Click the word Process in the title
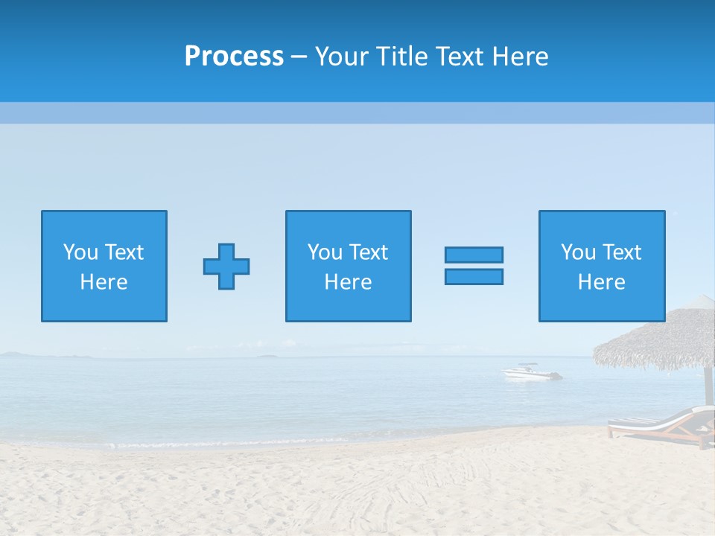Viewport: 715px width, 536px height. (234, 57)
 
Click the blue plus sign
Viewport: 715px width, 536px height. (226, 267)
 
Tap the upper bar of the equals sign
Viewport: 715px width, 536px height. (474, 255)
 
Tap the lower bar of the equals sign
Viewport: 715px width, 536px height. (474, 277)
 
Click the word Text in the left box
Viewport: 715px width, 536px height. (123, 252)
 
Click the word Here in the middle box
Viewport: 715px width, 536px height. (348, 282)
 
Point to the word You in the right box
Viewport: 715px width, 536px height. (578, 252)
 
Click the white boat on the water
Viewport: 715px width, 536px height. (530, 371)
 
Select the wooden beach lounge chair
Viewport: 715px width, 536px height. (659, 426)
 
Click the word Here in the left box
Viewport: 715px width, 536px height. (104, 282)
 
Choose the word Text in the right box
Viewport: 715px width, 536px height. (621, 252)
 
